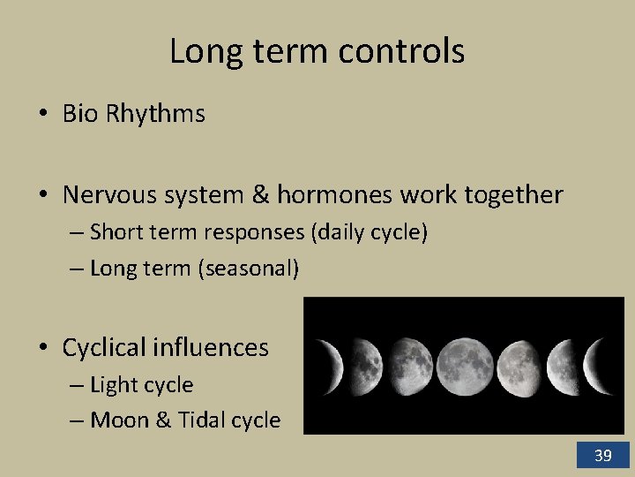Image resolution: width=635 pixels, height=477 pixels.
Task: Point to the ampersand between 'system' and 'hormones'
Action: click(x=260, y=194)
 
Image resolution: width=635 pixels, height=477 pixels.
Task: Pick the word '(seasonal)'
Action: click(x=250, y=269)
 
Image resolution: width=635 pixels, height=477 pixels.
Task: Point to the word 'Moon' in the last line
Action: click(x=120, y=420)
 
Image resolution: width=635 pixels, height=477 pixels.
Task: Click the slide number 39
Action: click(x=603, y=456)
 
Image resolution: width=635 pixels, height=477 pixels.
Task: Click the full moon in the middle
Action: click(x=465, y=366)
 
